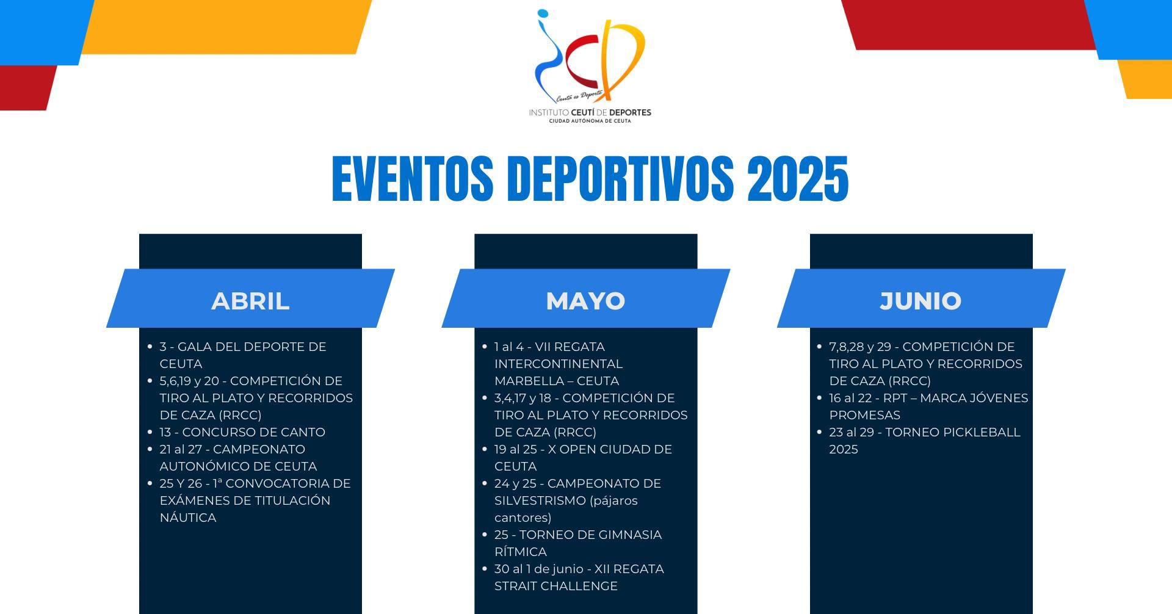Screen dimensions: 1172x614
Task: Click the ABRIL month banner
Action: [x=250, y=298]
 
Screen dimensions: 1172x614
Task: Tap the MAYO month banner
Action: [x=586, y=298]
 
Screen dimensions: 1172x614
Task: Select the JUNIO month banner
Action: [x=921, y=298]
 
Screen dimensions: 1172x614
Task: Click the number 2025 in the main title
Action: [x=798, y=178]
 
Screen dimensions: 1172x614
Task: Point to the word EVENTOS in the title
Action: [x=413, y=178]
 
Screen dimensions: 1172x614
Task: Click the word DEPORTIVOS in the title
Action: [x=621, y=178]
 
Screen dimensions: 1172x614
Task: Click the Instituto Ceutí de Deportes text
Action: [x=590, y=112]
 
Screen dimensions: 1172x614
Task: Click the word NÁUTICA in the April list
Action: [x=188, y=518]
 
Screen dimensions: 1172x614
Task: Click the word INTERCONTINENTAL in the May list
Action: [x=559, y=364]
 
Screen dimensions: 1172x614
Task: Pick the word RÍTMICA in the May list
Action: [x=521, y=552]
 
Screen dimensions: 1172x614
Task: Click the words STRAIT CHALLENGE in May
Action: [x=556, y=586]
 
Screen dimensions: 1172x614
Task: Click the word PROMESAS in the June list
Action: [x=865, y=415]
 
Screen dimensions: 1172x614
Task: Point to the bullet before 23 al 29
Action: [x=819, y=432]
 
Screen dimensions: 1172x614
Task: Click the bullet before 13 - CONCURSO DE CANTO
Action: [x=150, y=432]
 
